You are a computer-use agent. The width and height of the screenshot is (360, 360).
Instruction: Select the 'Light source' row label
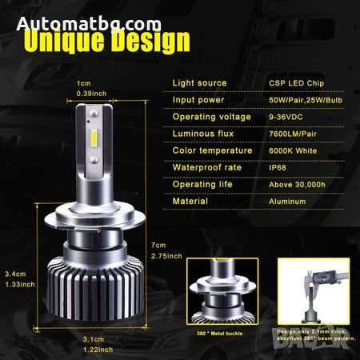[x=199, y=83]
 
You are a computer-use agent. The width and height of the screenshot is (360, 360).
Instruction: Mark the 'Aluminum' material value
[x=288, y=201]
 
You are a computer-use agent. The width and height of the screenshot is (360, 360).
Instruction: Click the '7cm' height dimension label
[x=158, y=245]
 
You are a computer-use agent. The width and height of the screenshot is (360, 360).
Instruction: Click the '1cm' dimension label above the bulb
[x=82, y=83]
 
